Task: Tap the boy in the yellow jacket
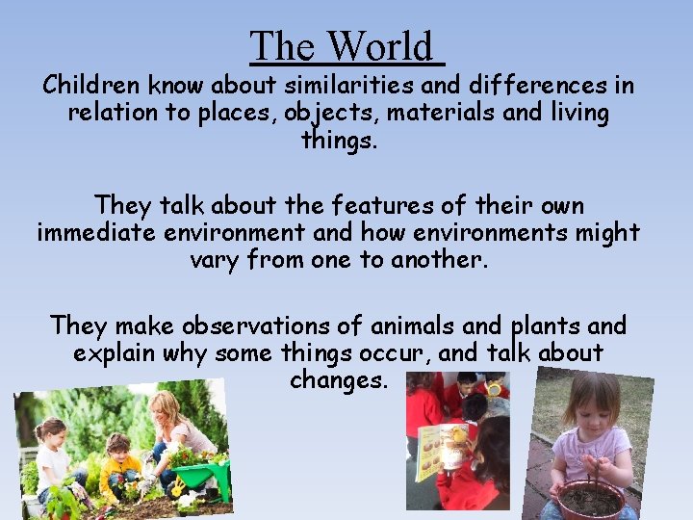coord(120,463)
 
